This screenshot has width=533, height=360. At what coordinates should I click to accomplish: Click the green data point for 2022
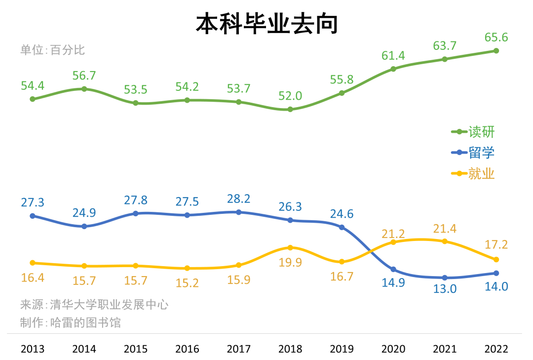click(x=496, y=51)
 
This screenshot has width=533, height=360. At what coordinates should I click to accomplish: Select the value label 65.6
click(x=496, y=38)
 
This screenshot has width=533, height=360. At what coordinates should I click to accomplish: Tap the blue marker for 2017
click(x=239, y=212)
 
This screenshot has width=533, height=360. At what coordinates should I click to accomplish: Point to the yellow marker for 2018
click(x=290, y=247)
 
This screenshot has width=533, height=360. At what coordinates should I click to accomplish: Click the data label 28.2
click(x=239, y=199)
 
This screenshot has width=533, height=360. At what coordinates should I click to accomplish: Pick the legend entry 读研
click(x=473, y=132)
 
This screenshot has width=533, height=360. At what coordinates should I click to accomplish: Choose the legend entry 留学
click(x=473, y=153)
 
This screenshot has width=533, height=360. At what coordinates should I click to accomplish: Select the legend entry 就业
click(x=473, y=174)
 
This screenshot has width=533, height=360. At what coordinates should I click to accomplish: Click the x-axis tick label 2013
click(x=33, y=349)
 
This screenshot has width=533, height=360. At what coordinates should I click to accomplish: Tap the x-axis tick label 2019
click(x=342, y=349)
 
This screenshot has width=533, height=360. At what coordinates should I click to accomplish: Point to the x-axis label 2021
click(x=445, y=349)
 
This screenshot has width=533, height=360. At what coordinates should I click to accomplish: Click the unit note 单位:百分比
click(x=53, y=50)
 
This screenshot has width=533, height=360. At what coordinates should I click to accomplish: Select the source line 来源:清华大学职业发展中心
click(x=94, y=305)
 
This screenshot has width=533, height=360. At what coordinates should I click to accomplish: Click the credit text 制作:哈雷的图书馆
click(x=71, y=323)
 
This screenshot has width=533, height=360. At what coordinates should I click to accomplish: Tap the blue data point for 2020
click(x=393, y=270)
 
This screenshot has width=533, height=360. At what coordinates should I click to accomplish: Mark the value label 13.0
click(x=445, y=289)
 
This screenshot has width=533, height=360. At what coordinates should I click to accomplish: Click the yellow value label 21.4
click(x=445, y=229)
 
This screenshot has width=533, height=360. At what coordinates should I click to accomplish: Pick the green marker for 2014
click(x=84, y=89)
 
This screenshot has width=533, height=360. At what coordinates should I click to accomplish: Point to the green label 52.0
click(x=290, y=96)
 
